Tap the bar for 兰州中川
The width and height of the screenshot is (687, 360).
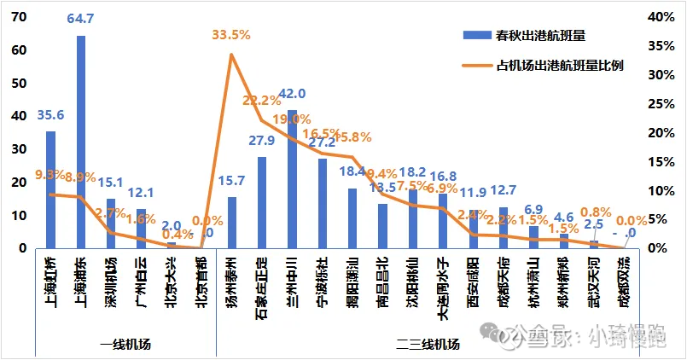pyautogui.click(x=292, y=179)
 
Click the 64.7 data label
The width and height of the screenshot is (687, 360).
pyautogui.click(x=81, y=18)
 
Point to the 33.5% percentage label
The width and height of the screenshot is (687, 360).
pyautogui.click(x=231, y=35)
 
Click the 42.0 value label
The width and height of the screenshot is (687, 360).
pyautogui.click(x=293, y=94)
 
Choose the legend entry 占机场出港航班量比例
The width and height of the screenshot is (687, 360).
pyautogui.click(x=558, y=65)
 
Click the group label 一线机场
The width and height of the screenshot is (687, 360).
pyautogui.click(x=125, y=345)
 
